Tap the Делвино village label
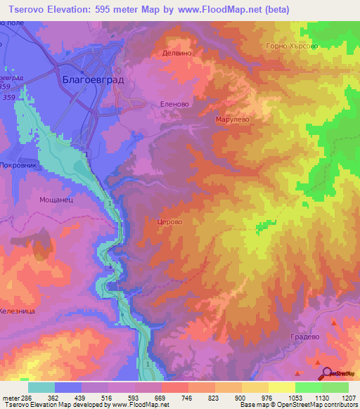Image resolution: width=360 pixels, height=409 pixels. (x=177, y=53)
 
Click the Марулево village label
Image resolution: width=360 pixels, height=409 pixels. (x=232, y=119)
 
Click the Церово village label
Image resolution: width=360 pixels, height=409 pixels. (x=169, y=221)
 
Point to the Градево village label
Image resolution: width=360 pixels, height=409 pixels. (x=305, y=337)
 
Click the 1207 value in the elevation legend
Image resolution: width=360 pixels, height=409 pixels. (x=349, y=398)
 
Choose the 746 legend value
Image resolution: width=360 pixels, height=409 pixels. (x=188, y=398)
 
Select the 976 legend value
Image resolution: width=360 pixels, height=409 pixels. (x=268, y=398)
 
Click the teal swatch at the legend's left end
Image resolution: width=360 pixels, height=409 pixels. (x=41, y=387)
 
